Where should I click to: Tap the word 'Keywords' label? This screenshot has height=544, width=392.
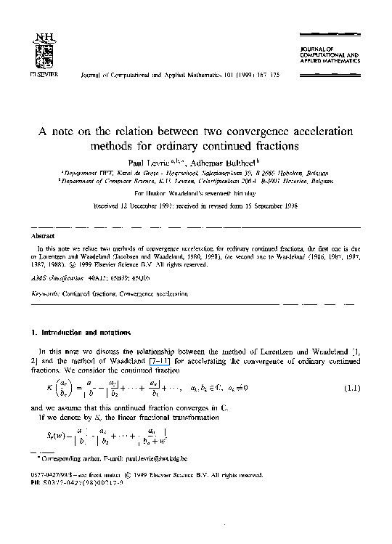click(43, 294)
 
